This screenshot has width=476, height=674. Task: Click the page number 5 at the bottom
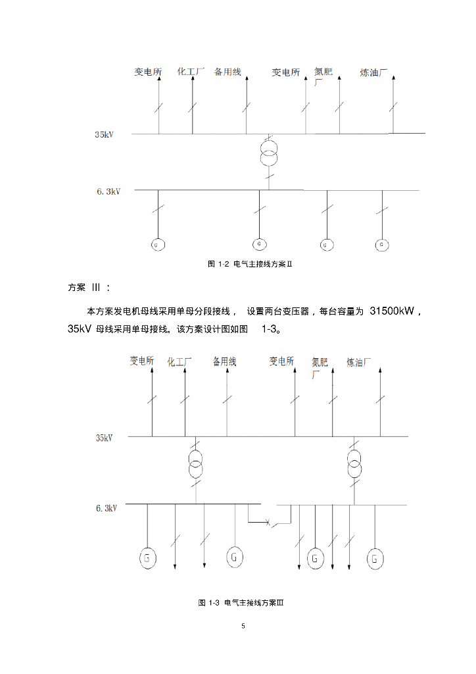[x=243, y=625]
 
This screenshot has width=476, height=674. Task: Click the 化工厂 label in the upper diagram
[x=191, y=71]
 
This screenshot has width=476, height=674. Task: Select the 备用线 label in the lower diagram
[x=224, y=361]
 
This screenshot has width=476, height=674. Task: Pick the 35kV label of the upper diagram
[x=105, y=135]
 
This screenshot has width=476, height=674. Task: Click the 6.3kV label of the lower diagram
[x=107, y=507]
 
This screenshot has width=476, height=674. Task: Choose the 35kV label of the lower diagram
[x=105, y=437]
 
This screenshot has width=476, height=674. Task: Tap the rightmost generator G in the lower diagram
[x=375, y=558]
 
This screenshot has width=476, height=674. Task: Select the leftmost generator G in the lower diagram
[x=148, y=558]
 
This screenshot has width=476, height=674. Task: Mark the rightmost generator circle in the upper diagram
[x=383, y=245]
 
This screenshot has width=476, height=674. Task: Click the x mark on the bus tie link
[x=268, y=523]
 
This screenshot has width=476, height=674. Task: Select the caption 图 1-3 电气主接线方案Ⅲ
[x=241, y=603]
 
